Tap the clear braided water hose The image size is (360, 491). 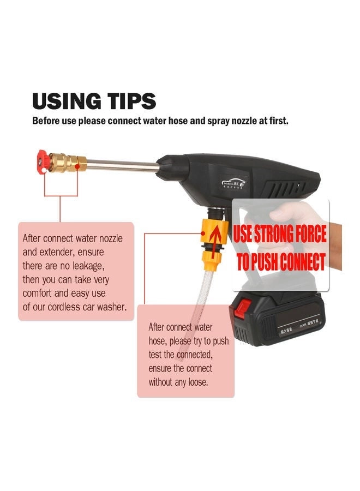(x=199, y=289)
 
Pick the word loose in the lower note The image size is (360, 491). (x=197, y=382)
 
